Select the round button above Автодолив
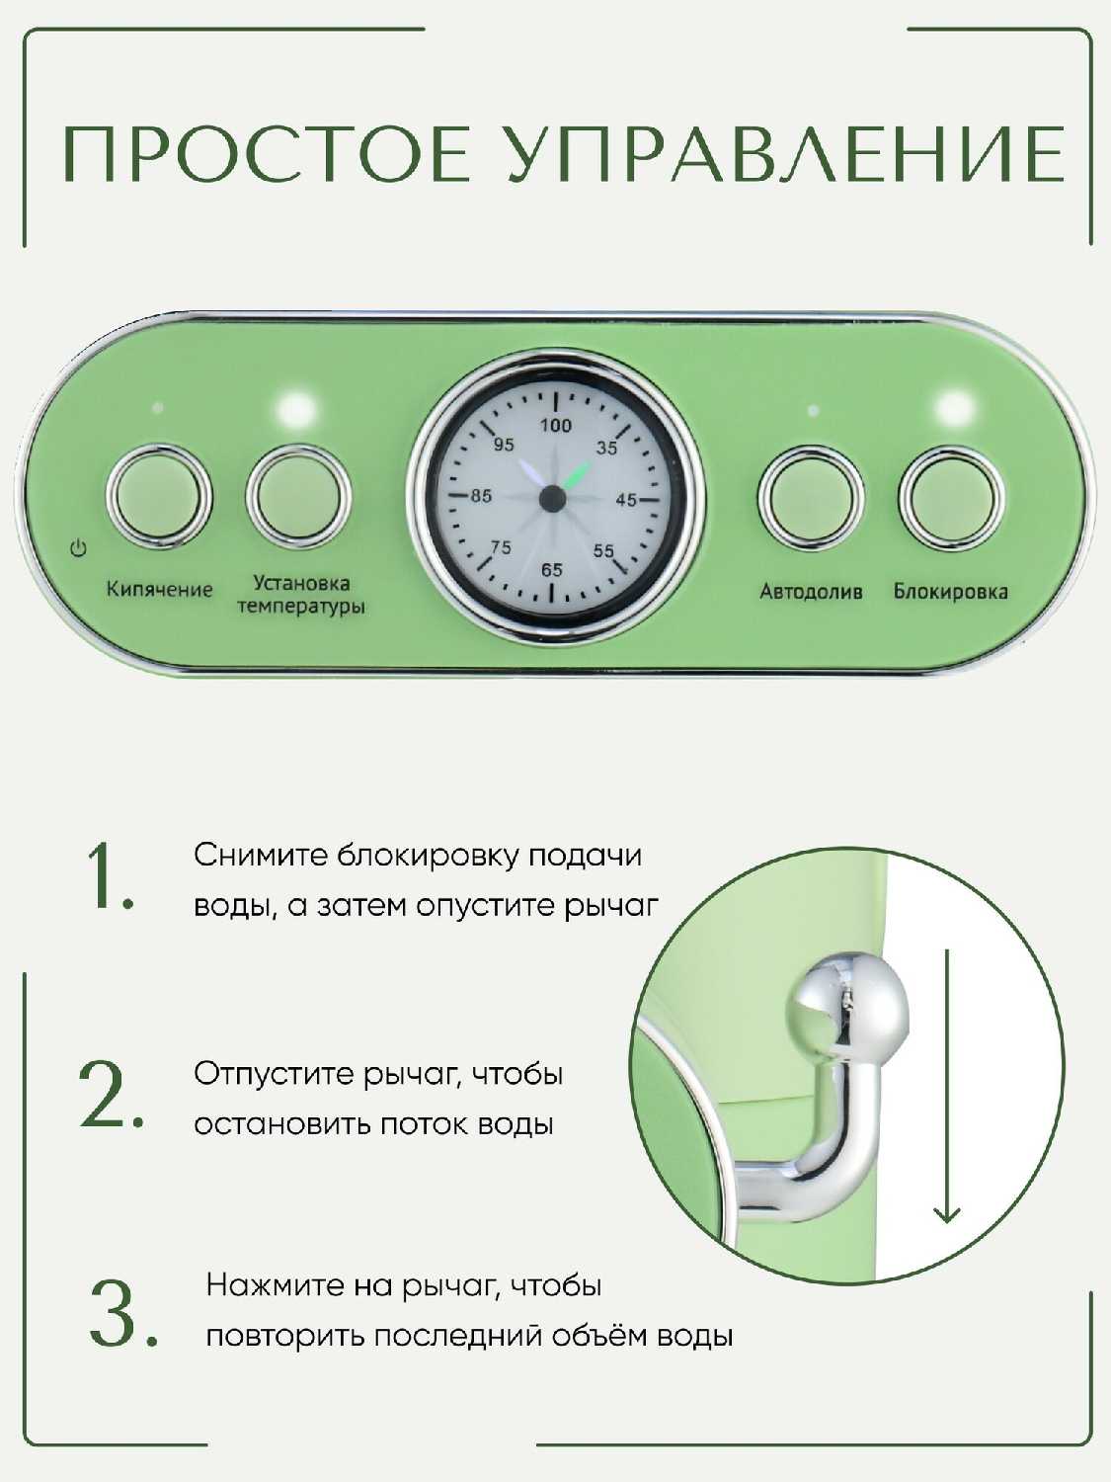click(811, 498)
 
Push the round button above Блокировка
click(951, 498)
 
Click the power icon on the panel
click(79, 548)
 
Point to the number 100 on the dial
click(555, 426)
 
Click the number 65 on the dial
click(552, 570)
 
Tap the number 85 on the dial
click(481, 496)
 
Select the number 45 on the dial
click(626, 500)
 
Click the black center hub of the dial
click(552, 498)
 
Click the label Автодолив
click(811, 592)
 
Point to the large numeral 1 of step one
click(109, 875)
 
